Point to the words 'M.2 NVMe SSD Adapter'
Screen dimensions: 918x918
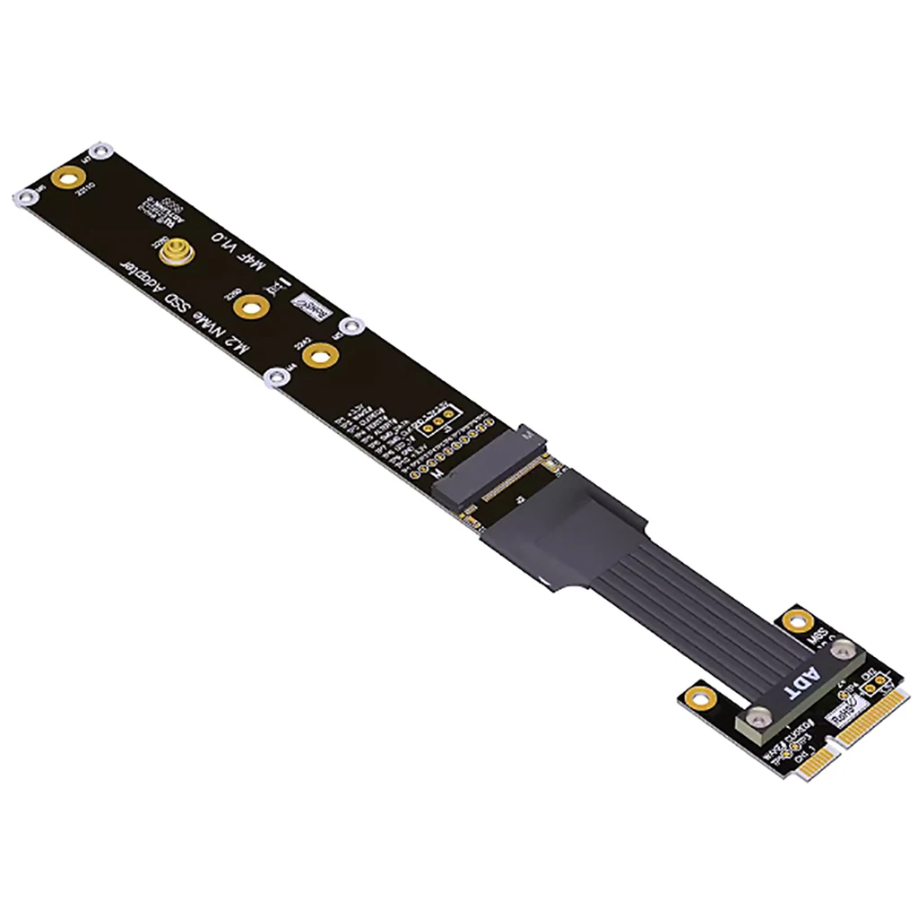click(x=192, y=308)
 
